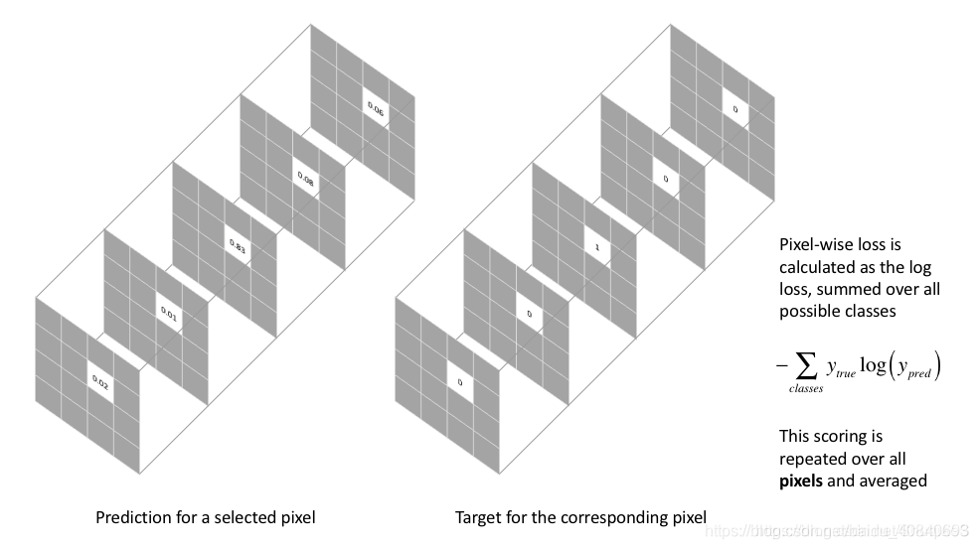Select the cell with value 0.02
[x=99, y=380]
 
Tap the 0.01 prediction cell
[x=168, y=314]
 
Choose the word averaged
[x=892, y=480]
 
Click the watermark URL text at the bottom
[x=834, y=531]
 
